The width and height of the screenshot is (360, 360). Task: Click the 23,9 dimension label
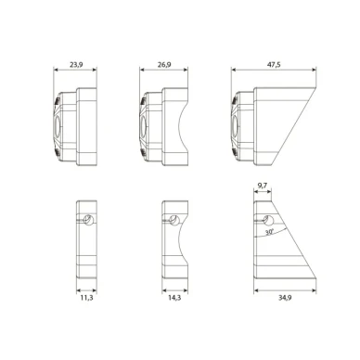[x=78, y=65]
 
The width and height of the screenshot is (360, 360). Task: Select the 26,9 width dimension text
[x=163, y=65]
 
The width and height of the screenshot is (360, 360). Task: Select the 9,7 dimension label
[x=263, y=186]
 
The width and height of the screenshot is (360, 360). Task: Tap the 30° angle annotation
[x=267, y=234]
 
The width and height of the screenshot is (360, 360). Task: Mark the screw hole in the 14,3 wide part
[x=174, y=220]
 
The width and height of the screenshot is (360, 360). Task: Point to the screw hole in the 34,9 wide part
[x=269, y=220]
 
